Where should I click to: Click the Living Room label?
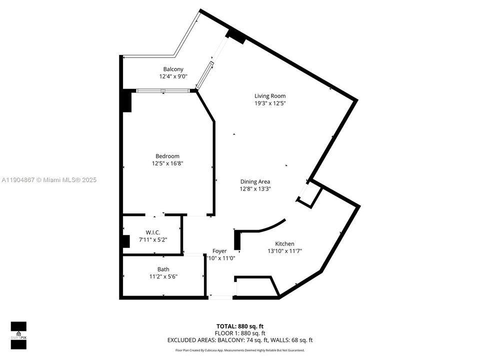[x=270, y=96]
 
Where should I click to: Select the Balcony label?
[x=173, y=69]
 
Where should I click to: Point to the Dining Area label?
[x=255, y=181]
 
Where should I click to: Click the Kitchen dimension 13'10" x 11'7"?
[x=284, y=251]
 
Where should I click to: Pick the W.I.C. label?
[x=152, y=232]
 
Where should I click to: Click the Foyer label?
[x=219, y=251]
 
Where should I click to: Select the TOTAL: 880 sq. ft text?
[x=240, y=325]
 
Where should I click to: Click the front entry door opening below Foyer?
[x=220, y=297]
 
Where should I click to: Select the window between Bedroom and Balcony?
[x=163, y=90]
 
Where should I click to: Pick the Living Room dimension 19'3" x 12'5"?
[x=270, y=103]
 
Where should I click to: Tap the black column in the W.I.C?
[x=125, y=240]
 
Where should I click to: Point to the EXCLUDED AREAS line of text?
[x=240, y=340]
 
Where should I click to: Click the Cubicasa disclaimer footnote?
[x=240, y=350]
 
